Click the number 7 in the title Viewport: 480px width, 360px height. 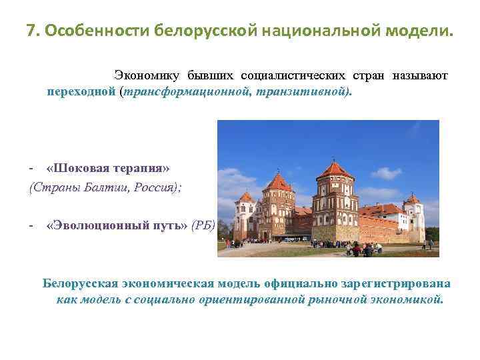31,31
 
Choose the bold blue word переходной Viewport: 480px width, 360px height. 81,91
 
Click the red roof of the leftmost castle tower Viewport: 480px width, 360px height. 247,197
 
